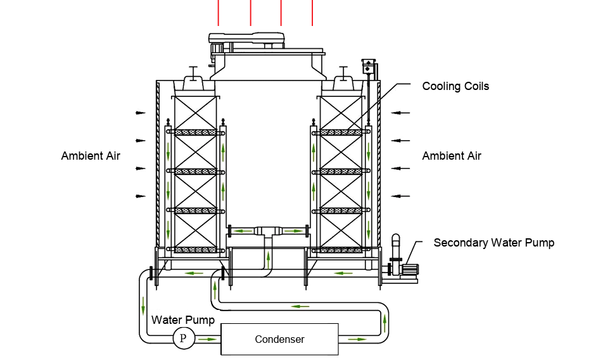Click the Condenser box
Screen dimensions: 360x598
click(x=279, y=339)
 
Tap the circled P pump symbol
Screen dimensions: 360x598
click(x=183, y=338)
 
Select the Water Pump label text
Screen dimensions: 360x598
click(x=183, y=320)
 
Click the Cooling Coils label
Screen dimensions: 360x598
click(x=455, y=86)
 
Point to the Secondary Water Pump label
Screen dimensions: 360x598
click(x=493, y=243)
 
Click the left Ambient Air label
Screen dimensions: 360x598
click(x=91, y=156)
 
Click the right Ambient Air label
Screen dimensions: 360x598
click(x=452, y=156)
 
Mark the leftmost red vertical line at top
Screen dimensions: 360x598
click(x=219, y=13)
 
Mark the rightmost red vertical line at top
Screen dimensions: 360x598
click(x=312, y=13)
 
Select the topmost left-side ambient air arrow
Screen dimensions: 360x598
click(x=140, y=113)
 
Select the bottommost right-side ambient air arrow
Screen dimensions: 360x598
click(x=397, y=196)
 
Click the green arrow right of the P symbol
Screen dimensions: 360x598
click(x=207, y=339)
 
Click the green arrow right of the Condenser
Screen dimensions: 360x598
click(x=357, y=339)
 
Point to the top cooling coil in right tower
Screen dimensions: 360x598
click(x=343, y=132)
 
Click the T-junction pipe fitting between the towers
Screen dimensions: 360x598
click(x=268, y=231)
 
